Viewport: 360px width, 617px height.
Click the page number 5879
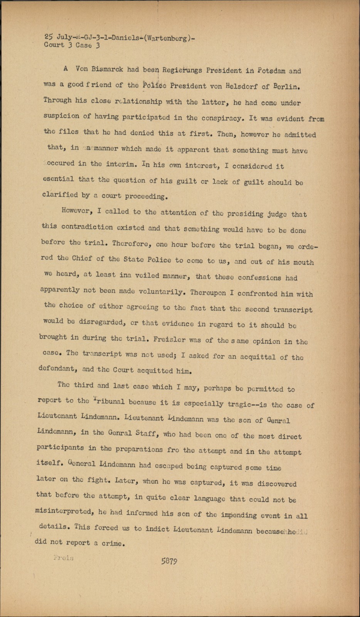[169, 561]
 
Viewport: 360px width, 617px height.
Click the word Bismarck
[108, 69]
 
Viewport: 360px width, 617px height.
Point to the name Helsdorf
[241, 86]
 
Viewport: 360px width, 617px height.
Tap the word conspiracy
[220, 118]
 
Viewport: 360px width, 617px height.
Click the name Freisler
[169, 340]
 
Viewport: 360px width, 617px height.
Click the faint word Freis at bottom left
[64, 558]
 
